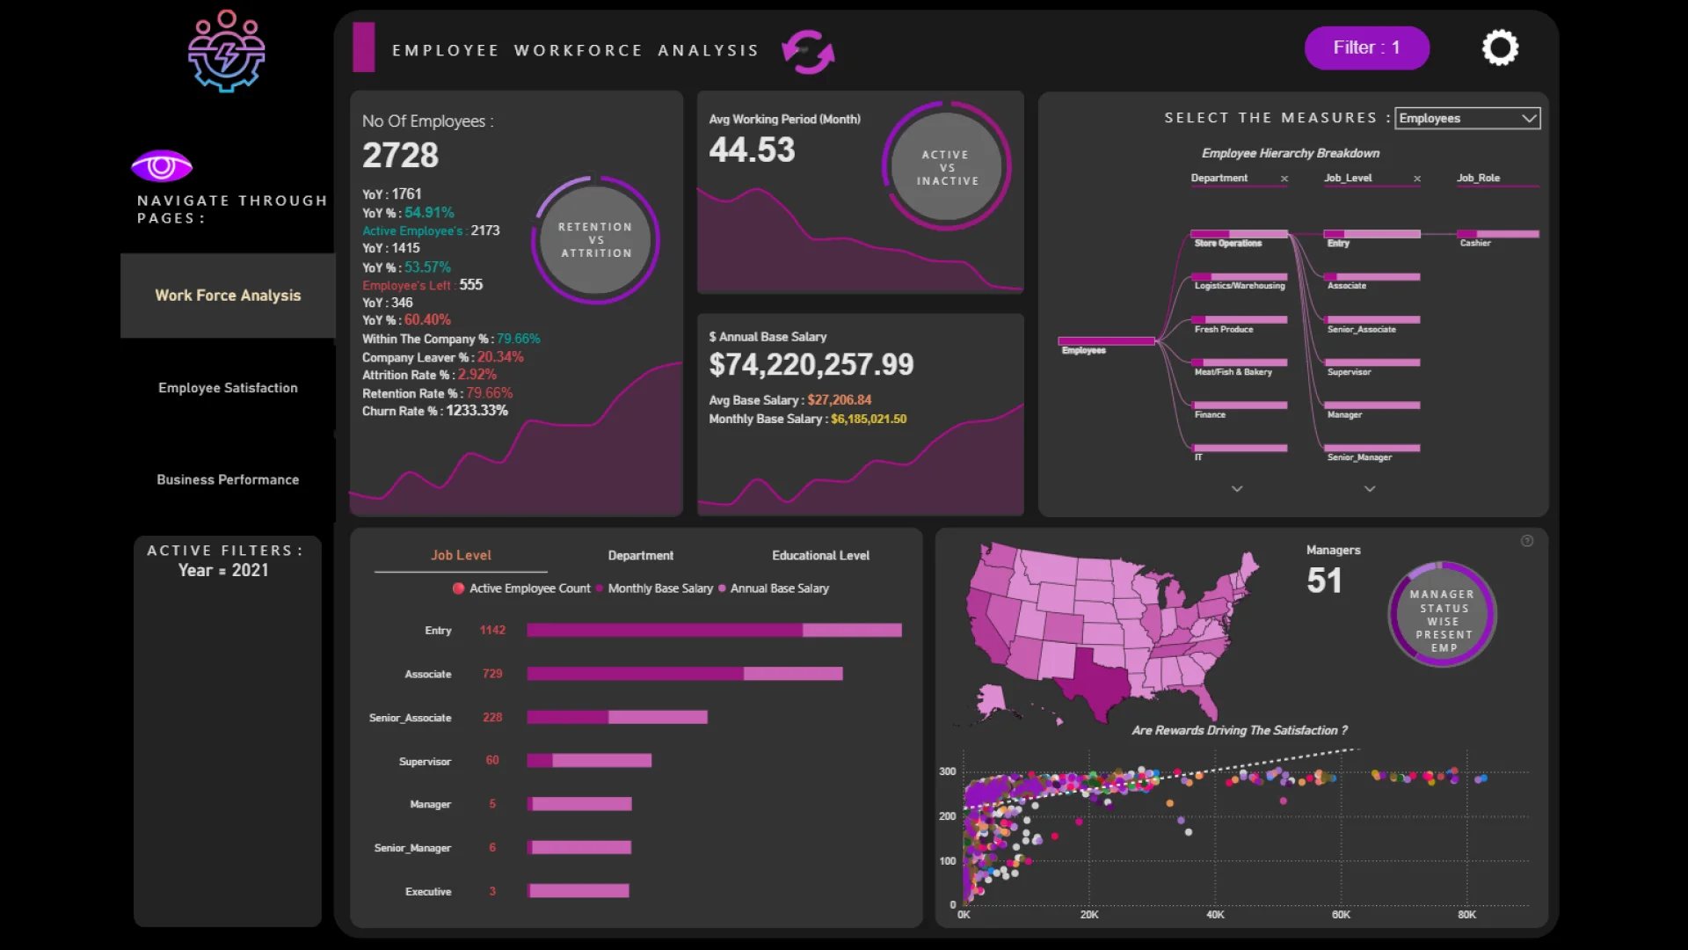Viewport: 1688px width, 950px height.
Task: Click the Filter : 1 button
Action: point(1366,47)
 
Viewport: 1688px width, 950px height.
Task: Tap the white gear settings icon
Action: point(1500,47)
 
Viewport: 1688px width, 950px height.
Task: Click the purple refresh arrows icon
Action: point(808,52)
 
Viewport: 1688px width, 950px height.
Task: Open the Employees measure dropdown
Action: point(1467,118)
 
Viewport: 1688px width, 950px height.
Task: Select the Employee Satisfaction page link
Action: point(228,388)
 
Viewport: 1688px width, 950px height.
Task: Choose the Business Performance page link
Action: point(228,479)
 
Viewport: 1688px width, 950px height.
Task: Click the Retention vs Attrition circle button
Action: point(596,240)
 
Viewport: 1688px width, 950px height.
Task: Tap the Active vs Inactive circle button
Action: point(947,167)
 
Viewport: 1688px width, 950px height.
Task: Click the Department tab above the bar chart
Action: point(640,555)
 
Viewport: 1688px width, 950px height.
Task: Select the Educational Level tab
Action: point(820,555)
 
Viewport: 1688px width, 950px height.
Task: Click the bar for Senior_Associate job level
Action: point(617,717)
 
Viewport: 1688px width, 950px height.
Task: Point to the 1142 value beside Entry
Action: point(492,630)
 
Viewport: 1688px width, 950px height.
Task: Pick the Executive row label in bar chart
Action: point(428,891)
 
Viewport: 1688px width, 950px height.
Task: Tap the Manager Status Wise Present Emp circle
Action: point(1442,614)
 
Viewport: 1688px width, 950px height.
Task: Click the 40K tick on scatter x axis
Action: point(1215,915)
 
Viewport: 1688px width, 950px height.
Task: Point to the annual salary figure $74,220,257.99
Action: point(811,364)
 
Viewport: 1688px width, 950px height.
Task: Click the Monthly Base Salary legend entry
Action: point(659,588)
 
